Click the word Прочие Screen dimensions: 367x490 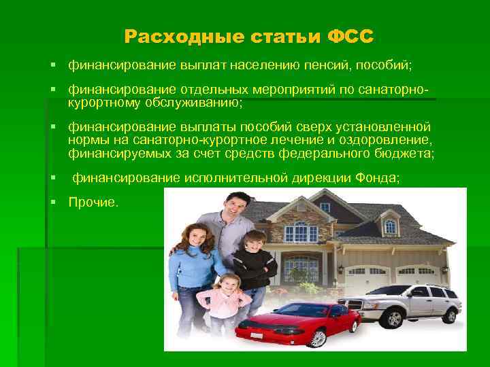click(x=93, y=203)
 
